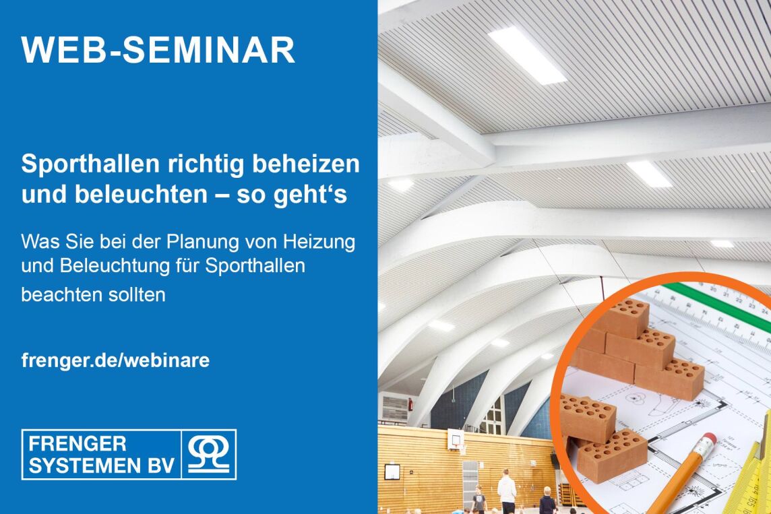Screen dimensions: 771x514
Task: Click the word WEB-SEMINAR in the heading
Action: pos(158,50)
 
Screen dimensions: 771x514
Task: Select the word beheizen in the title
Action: pos(306,164)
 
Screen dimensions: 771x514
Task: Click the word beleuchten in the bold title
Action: pos(141,194)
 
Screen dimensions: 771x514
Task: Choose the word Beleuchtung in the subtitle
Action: pos(115,266)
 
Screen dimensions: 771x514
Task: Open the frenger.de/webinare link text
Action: pos(115,360)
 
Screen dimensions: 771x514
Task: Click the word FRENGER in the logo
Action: pos(78,444)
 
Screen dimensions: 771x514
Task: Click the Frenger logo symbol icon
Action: pos(209,455)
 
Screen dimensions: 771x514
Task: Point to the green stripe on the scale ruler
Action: pos(718,302)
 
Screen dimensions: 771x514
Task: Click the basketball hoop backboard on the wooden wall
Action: pos(455,439)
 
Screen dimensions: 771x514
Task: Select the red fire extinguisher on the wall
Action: pos(410,404)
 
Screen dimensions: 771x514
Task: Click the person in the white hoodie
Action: pos(506,491)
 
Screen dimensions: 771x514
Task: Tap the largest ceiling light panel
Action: pos(526,55)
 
